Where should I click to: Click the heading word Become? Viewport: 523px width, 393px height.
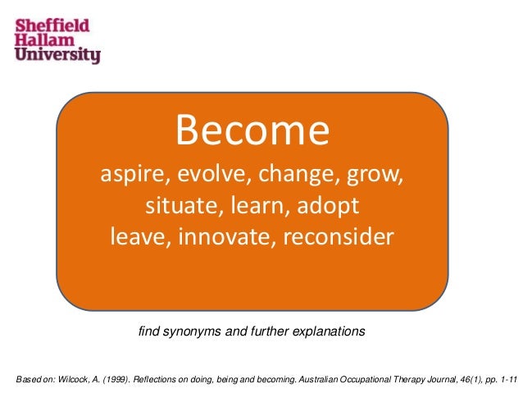pyautogui.click(x=252, y=132)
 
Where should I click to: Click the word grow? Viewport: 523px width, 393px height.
pyautogui.click(x=369, y=176)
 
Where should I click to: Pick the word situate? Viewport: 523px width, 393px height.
pyautogui.click(x=176, y=205)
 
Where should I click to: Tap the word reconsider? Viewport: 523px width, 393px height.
pyautogui.click(x=335, y=236)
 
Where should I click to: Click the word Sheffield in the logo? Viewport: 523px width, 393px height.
pyautogui.click(x=53, y=26)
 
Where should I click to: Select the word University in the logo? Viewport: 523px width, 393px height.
pyautogui.click(x=57, y=57)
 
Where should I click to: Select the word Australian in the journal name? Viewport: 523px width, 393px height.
pyautogui.click(x=321, y=379)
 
